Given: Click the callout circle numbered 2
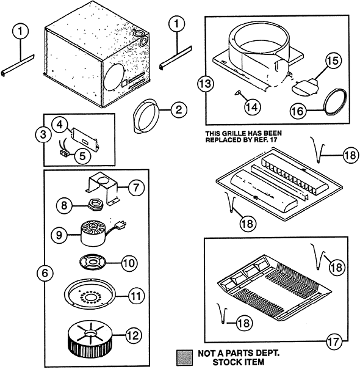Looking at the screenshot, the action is tap(179, 110).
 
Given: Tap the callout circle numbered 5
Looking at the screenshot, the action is tap(82, 156).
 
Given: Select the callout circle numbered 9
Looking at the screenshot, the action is tap(59, 235).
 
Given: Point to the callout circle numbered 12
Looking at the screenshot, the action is tap(134, 335).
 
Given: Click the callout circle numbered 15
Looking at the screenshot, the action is tap(333, 60).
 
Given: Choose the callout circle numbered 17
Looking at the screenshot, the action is tap(334, 342).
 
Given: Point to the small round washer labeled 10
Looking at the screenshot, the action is tap(93, 262).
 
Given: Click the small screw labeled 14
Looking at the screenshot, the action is tap(238, 93).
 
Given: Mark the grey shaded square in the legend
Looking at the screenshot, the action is tap(184, 357).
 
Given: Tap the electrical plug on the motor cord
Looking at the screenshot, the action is tap(121, 225).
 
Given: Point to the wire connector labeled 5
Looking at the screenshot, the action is tap(63, 153).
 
